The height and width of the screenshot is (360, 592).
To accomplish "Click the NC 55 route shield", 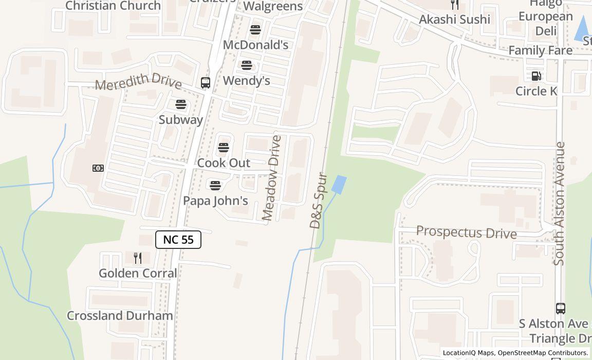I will click(178, 240).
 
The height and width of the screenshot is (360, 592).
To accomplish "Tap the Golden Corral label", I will click(138, 273).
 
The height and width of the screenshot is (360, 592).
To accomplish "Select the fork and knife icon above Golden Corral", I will click(138, 258).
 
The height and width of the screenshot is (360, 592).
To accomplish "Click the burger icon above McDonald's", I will click(255, 30).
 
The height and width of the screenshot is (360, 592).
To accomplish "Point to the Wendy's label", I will click(247, 81).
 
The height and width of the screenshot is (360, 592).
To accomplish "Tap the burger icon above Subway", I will click(181, 104).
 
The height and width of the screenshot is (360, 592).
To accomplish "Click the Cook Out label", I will click(224, 163).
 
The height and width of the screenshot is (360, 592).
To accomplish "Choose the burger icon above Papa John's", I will click(215, 185).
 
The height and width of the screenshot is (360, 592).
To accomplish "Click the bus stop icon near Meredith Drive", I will click(206, 83).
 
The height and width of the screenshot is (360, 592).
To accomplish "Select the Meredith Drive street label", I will click(138, 81).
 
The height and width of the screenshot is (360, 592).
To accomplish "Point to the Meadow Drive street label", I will click(271, 178).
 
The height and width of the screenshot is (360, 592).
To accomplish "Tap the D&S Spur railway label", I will click(319, 201).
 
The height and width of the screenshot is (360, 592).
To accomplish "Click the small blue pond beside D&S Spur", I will click(339, 185).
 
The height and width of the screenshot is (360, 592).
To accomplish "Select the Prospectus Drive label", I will click(466, 232).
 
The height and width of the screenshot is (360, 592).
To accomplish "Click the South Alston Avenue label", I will click(560, 204).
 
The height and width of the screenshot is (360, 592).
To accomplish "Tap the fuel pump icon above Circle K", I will click(536, 76).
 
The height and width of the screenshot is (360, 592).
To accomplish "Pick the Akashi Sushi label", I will click(454, 20).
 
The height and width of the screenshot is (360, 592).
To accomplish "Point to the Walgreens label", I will click(273, 6).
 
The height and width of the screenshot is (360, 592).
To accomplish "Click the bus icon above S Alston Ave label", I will click(561, 309).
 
